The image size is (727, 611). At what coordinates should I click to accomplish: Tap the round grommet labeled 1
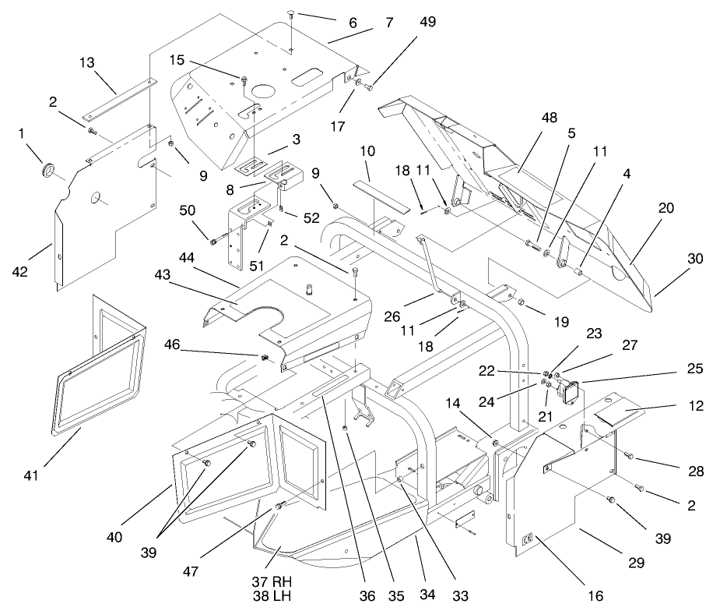(49, 170)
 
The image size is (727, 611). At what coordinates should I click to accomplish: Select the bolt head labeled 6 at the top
(290, 13)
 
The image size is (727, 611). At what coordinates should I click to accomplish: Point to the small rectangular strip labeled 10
(381, 191)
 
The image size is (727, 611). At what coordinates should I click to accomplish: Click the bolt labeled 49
(369, 87)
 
